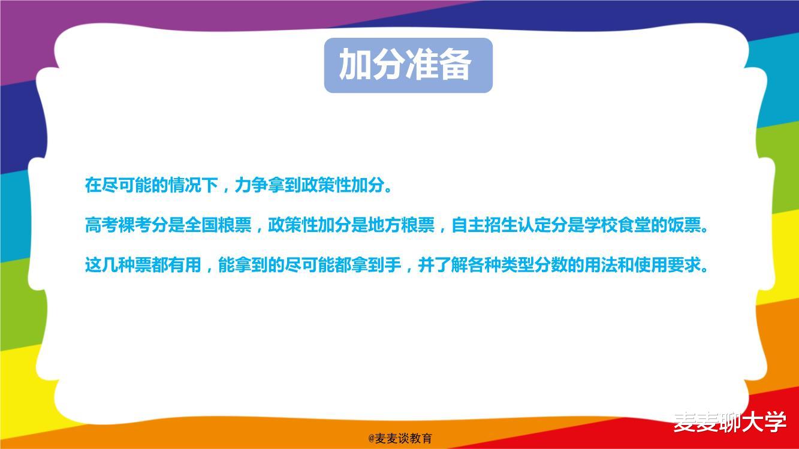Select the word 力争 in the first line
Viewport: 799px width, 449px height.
pyautogui.click(x=251, y=185)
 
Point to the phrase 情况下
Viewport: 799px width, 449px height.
pyautogui.click(x=192, y=185)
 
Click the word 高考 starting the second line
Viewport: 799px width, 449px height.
pyautogui.click(x=101, y=225)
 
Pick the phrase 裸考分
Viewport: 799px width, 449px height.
pyautogui.click(x=143, y=225)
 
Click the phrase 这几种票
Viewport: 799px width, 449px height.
pyautogui.click(x=118, y=264)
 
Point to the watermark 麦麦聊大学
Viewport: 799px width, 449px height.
pyautogui.click(x=729, y=421)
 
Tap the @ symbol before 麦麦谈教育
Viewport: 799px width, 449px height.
pyautogui.click(x=372, y=439)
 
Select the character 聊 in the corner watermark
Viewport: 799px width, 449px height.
pyautogui.click(x=729, y=421)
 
